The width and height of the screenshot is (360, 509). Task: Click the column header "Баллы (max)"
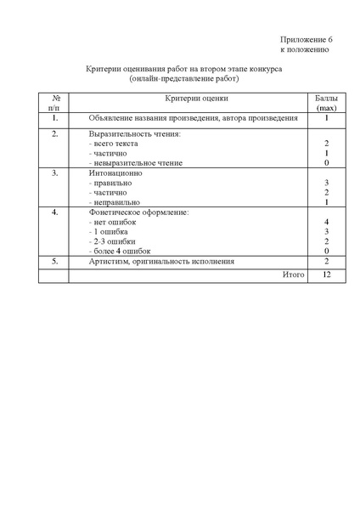pyautogui.click(x=326, y=105)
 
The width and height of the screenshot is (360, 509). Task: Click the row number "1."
pyautogui.click(x=54, y=118)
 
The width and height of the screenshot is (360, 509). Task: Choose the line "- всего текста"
pyautogui.click(x=115, y=144)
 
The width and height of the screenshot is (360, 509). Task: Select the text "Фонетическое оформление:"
pyautogui.click(x=138, y=212)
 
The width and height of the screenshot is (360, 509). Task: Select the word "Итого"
pyautogui.click(x=292, y=275)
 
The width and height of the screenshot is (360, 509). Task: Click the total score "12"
pyautogui.click(x=326, y=275)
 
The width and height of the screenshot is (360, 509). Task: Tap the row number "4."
pyautogui.click(x=54, y=212)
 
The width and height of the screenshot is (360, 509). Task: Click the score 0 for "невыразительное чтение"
pyautogui.click(x=326, y=163)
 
